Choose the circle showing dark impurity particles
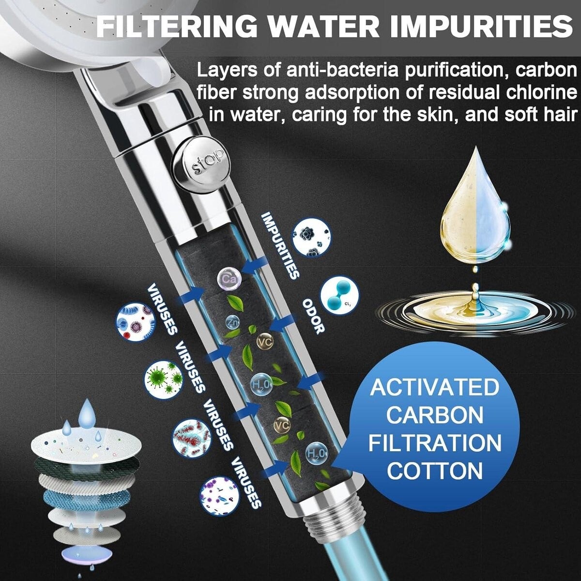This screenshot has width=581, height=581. (310, 238)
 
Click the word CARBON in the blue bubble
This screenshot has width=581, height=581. (434, 415)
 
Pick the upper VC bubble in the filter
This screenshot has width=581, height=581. (264, 342)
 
